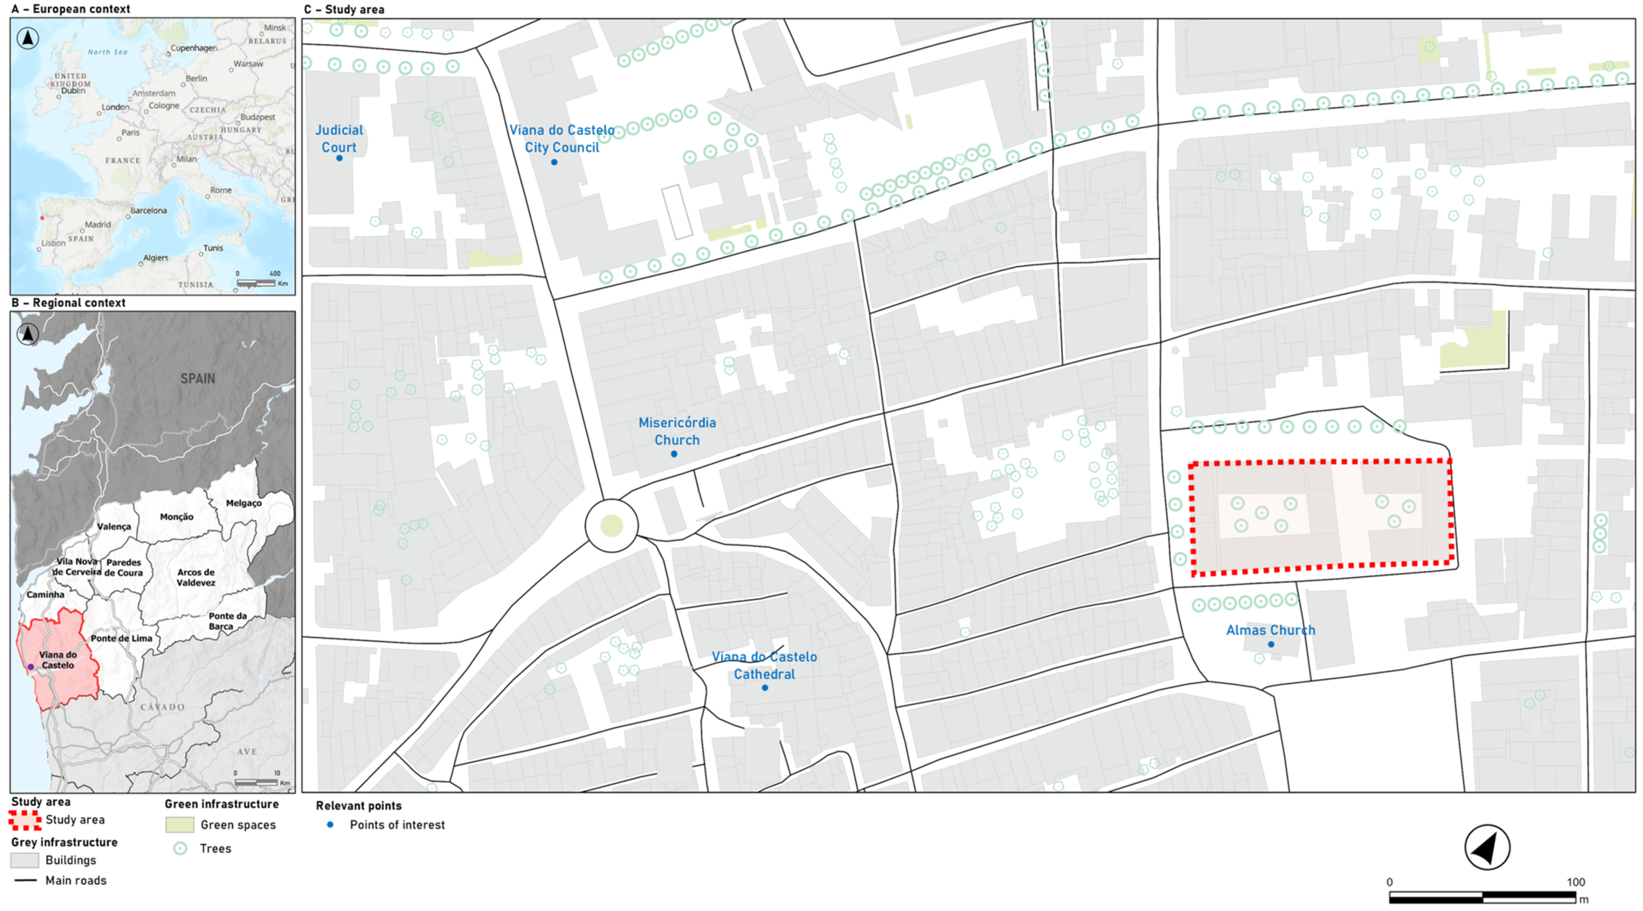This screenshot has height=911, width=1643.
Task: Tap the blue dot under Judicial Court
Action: pos(340,158)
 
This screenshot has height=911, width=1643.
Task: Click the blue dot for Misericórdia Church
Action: pos(674,454)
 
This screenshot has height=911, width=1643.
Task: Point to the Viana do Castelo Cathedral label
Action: pos(764,665)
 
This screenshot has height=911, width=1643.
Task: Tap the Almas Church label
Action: pos(1271,630)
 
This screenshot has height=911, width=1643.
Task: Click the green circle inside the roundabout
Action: pos(611,525)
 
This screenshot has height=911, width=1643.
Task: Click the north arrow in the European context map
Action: pos(27,38)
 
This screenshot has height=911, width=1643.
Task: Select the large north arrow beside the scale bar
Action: pos(1487,847)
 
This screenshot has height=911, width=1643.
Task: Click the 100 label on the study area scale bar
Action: pos(1575,882)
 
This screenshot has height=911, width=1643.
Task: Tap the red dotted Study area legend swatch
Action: pos(25,820)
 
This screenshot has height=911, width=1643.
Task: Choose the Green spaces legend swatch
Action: pos(179,824)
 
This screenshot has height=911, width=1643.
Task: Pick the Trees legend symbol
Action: pos(181,849)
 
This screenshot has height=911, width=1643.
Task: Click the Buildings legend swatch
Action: pos(25,860)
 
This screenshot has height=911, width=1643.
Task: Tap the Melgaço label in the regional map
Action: pos(244,503)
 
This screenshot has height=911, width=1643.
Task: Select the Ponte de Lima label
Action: pos(121,638)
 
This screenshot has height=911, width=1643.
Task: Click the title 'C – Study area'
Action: pos(344,9)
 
